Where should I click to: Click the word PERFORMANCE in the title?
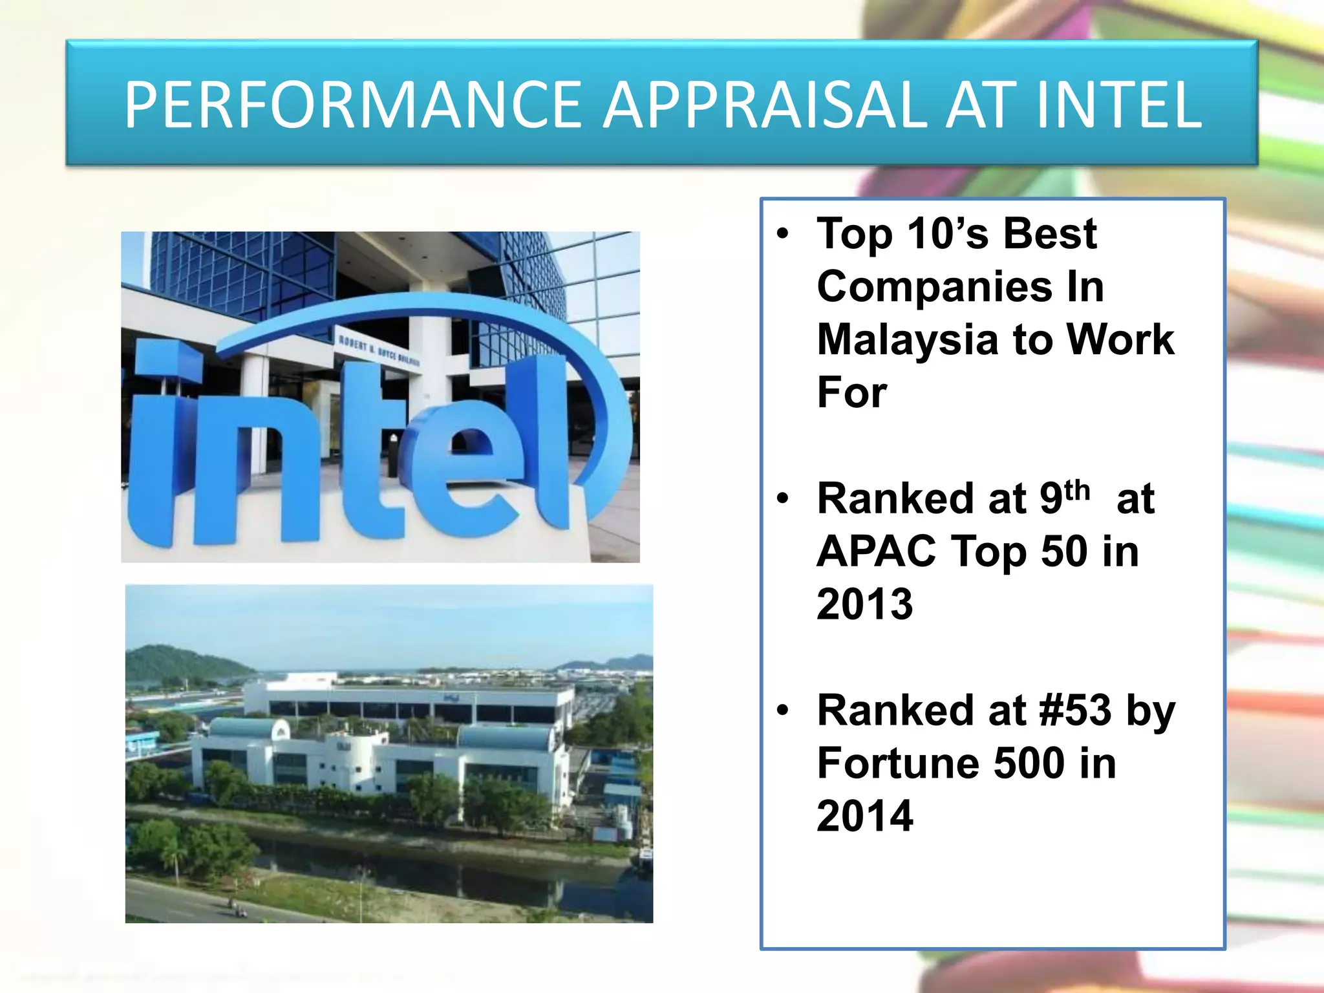[353, 104]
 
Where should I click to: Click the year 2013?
[864, 604]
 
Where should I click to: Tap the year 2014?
[864, 816]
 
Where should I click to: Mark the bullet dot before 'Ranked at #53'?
[783, 710]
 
